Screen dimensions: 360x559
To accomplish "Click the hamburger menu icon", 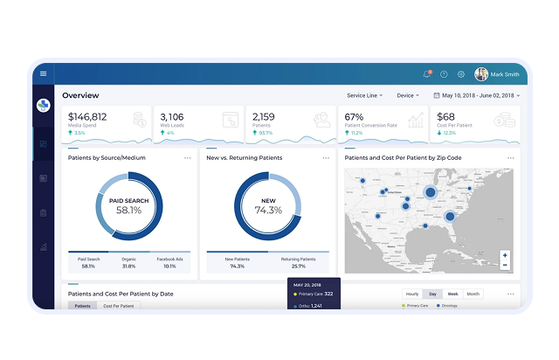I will coord(43,73).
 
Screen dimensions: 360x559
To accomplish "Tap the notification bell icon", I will coord(427,74).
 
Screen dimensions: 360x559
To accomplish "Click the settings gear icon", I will coord(461,74).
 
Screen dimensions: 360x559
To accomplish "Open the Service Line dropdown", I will coord(364,95).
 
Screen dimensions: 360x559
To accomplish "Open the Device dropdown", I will coord(408,95).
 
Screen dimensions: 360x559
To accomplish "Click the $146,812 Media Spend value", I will coord(87,116).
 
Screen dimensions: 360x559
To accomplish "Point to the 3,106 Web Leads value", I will coord(173,116).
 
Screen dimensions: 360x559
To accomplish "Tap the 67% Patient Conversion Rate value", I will coord(355,116).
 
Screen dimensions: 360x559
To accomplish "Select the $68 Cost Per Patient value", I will coord(445,116).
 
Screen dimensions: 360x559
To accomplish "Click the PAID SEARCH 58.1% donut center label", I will coord(128,206).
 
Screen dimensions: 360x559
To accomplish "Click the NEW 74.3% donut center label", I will coord(268,206).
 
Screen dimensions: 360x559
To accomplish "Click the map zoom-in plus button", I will coord(505,256).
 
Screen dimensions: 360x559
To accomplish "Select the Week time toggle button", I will coord(452,294).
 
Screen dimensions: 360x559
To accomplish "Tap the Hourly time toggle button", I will coord(412,294).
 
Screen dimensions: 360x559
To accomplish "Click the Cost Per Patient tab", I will coord(119,306).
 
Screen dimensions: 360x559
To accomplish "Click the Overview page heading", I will coord(80,95).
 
